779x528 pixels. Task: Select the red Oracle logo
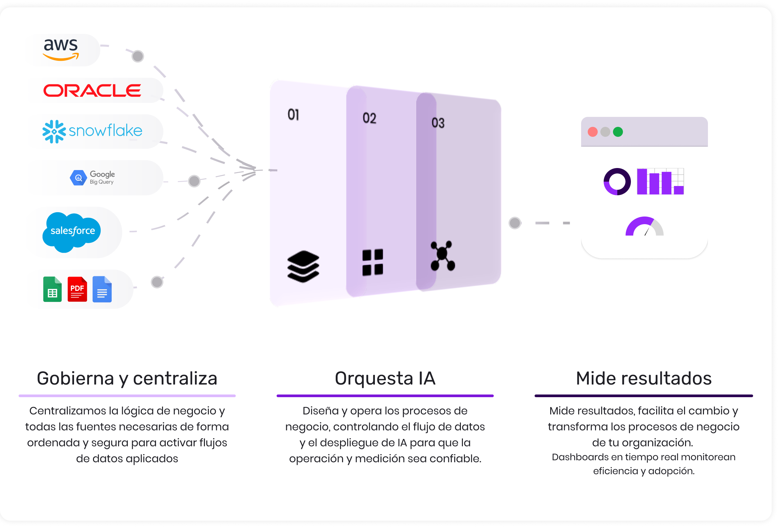(92, 91)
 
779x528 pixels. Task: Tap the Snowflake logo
(93, 131)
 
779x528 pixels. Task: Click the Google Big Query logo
(93, 178)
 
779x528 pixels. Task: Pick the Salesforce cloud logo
(72, 232)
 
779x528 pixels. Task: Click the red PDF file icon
(77, 289)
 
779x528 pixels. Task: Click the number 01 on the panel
(293, 115)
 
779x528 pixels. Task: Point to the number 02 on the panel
(369, 118)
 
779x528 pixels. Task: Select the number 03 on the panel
(438, 123)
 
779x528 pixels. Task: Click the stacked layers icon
(303, 266)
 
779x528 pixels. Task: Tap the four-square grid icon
(373, 262)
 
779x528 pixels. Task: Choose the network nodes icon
(442, 255)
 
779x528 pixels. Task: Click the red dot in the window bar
(593, 132)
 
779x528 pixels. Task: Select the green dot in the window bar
(618, 132)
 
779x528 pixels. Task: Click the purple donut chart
(617, 181)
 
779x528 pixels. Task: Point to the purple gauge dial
(644, 227)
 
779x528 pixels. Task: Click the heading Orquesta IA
(385, 378)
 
